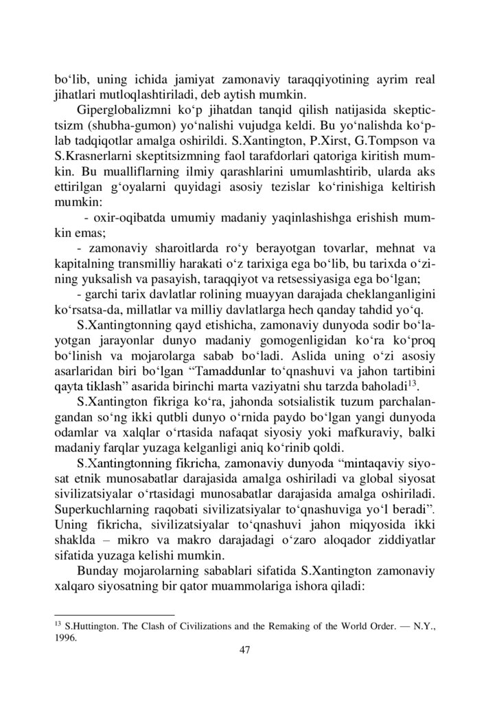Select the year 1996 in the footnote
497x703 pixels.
click(66, 636)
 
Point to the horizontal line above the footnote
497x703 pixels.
click(114, 615)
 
